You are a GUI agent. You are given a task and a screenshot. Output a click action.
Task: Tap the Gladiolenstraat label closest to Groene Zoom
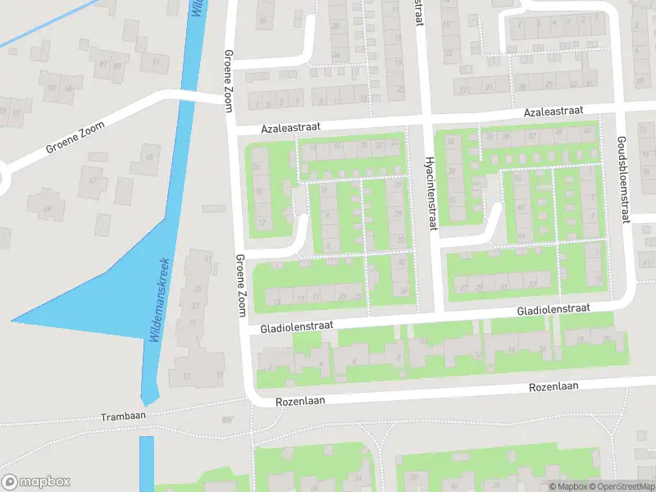point(296,326)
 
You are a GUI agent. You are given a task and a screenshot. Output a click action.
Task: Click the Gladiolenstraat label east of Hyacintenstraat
point(553,310)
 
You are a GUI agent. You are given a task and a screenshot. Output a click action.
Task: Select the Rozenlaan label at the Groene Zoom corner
point(300,400)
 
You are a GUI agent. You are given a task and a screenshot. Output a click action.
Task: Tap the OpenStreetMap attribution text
point(625,486)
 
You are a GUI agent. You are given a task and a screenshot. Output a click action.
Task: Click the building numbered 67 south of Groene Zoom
point(92,182)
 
